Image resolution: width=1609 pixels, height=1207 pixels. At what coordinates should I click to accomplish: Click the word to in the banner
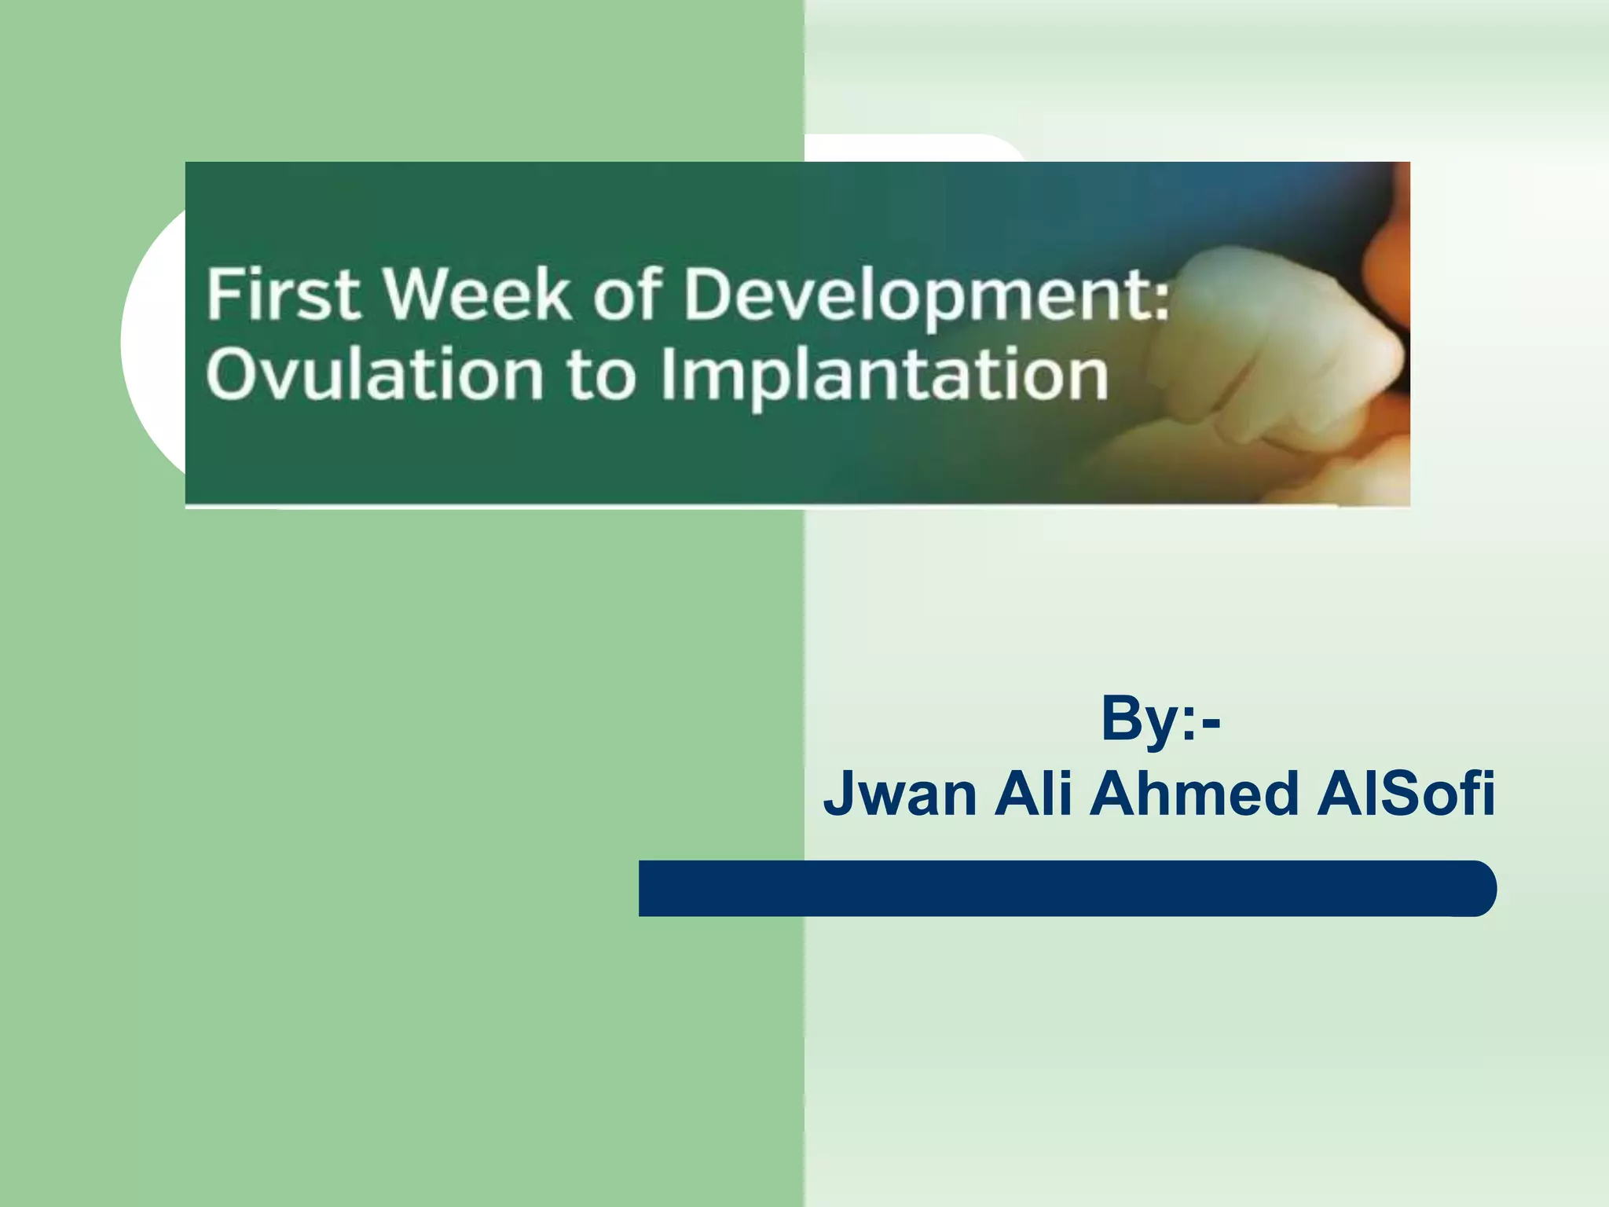tap(601, 376)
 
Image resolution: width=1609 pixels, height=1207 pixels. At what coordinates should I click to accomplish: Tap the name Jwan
tap(900, 793)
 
